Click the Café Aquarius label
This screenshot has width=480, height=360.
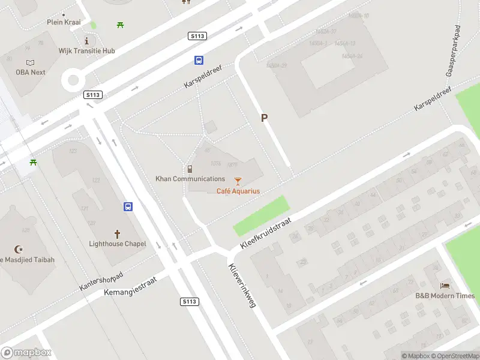pos(238,191)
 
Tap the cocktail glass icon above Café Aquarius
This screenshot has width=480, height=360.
pos(238,181)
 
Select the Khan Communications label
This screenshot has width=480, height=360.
pos(190,179)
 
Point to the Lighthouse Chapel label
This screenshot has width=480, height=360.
pos(118,244)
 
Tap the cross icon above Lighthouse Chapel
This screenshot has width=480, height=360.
pos(118,233)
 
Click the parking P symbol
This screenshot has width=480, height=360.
pos(263,118)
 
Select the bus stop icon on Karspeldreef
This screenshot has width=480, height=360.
pos(198,60)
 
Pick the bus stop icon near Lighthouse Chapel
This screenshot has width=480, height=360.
pos(128,207)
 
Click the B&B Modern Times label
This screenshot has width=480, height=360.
pos(445,296)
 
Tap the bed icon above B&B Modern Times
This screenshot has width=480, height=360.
pos(445,286)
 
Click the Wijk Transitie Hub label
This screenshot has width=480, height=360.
pos(87,51)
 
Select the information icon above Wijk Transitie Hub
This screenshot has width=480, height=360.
pos(87,41)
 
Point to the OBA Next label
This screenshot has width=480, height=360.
pos(31,72)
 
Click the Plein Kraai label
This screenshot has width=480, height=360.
pos(64,22)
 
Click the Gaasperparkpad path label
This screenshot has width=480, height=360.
pos(453,51)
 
